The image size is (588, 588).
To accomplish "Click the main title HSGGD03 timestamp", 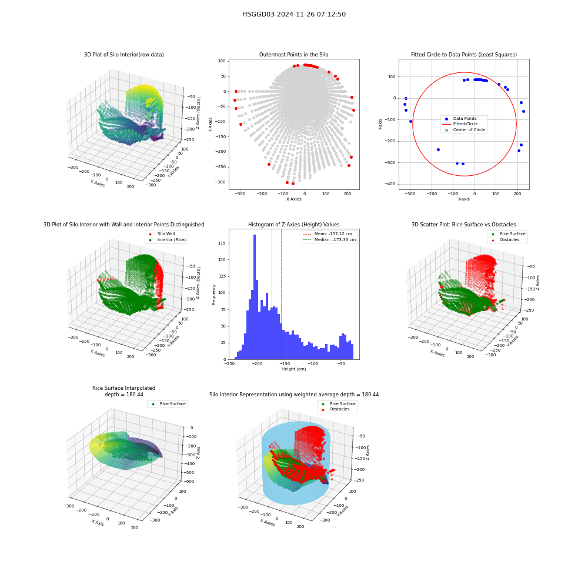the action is pyautogui.click(x=294, y=14).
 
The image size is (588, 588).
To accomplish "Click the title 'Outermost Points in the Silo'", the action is pyautogui.click(x=293, y=55).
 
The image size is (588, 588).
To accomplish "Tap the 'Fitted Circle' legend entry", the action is pyautogui.click(x=465, y=123).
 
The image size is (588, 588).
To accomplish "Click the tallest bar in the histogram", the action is pyautogui.click(x=255, y=297).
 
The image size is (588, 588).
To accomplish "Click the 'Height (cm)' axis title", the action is pyautogui.click(x=293, y=369).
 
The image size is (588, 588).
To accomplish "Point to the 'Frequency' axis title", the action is pyautogui.click(x=214, y=295).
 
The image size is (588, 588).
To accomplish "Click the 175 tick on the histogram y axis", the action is pyautogui.click(x=222, y=243).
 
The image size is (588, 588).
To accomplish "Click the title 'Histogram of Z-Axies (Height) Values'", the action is pyautogui.click(x=293, y=225).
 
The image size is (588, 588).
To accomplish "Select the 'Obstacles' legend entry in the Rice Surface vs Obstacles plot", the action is pyautogui.click(x=509, y=240).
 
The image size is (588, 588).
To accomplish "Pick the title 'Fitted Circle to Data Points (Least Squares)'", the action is pyautogui.click(x=464, y=55).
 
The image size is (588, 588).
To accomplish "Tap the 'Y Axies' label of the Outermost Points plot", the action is pyautogui.click(x=210, y=124).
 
